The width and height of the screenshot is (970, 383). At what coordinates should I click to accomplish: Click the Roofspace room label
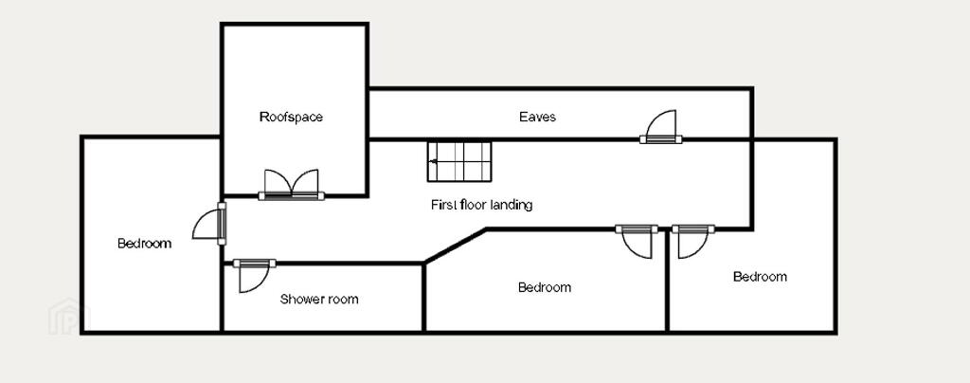click(291, 117)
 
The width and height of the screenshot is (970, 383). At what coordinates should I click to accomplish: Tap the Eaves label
click(537, 117)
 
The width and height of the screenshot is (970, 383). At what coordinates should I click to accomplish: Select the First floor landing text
click(481, 205)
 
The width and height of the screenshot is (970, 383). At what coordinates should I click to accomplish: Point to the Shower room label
click(318, 300)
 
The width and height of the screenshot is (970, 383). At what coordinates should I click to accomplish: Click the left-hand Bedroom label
click(144, 243)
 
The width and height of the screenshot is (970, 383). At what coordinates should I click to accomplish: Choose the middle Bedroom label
click(545, 287)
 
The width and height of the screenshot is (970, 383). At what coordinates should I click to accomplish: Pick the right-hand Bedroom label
click(760, 277)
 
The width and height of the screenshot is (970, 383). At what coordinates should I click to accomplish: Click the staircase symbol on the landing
click(459, 161)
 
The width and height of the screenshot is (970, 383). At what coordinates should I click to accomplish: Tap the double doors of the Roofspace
click(292, 185)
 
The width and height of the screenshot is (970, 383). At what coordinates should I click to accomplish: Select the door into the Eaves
click(660, 127)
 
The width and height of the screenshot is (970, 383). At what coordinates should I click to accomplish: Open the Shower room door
click(254, 275)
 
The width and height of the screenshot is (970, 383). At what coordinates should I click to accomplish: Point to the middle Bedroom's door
click(637, 242)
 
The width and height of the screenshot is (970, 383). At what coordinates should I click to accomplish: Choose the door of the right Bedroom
click(692, 242)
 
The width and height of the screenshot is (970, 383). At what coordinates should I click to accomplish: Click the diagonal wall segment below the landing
click(455, 246)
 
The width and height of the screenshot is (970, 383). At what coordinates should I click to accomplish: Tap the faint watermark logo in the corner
click(69, 317)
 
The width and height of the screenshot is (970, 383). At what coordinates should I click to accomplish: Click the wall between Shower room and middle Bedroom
click(423, 298)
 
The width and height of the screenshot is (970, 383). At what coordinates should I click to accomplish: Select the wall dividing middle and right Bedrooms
click(668, 281)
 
